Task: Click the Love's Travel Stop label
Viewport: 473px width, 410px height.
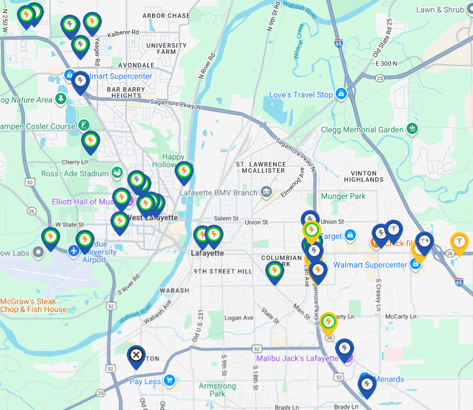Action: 301,95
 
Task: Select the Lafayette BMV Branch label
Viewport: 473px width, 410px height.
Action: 218,193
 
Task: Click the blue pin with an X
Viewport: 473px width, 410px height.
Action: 136,355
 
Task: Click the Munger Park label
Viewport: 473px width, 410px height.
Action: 343,196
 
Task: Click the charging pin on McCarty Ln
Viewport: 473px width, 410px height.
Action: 328,322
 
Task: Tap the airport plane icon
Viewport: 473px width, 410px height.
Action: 74,250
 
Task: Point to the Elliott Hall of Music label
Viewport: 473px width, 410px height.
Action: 83,202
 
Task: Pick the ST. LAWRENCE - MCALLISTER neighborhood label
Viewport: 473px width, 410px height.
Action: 260,167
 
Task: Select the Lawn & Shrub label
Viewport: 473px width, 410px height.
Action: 440,10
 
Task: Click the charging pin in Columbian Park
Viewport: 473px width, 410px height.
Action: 274,271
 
